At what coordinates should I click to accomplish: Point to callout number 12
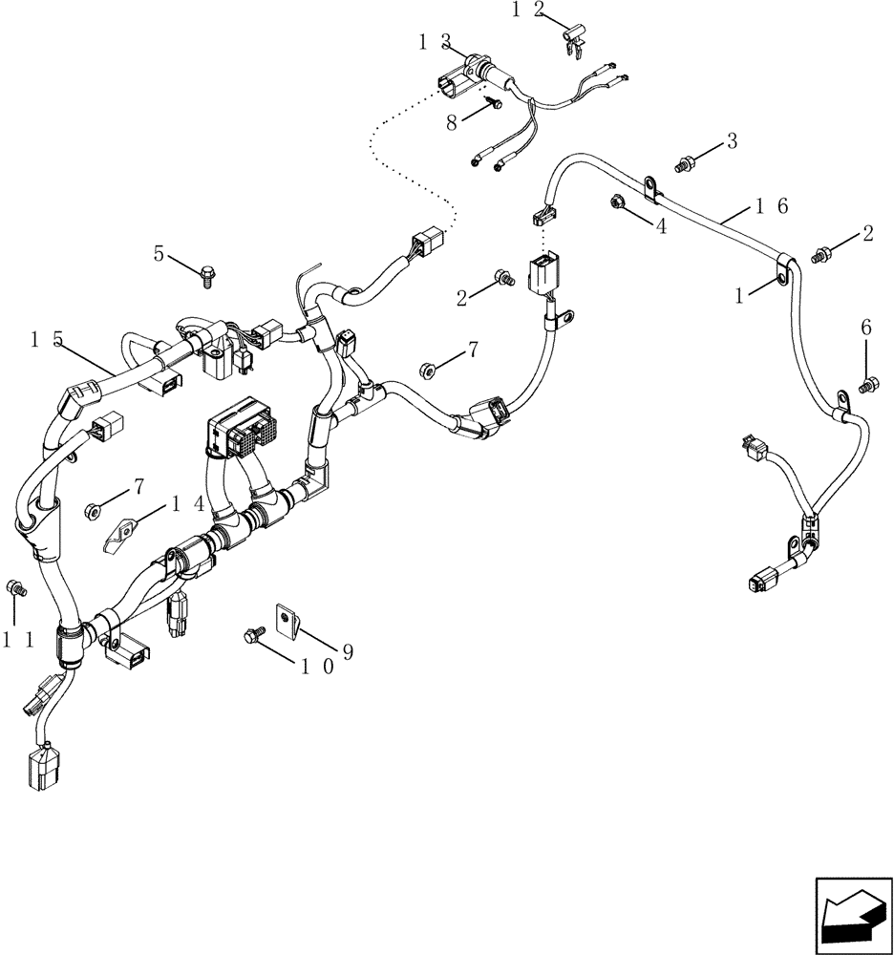click(526, 11)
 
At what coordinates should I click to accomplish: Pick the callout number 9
click(348, 651)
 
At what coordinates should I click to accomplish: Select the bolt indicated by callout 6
click(868, 386)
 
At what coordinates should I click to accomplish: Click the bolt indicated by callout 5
click(207, 276)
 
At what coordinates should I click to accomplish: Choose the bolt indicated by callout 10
click(256, 632)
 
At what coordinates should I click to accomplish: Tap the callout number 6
click(865, 327)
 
